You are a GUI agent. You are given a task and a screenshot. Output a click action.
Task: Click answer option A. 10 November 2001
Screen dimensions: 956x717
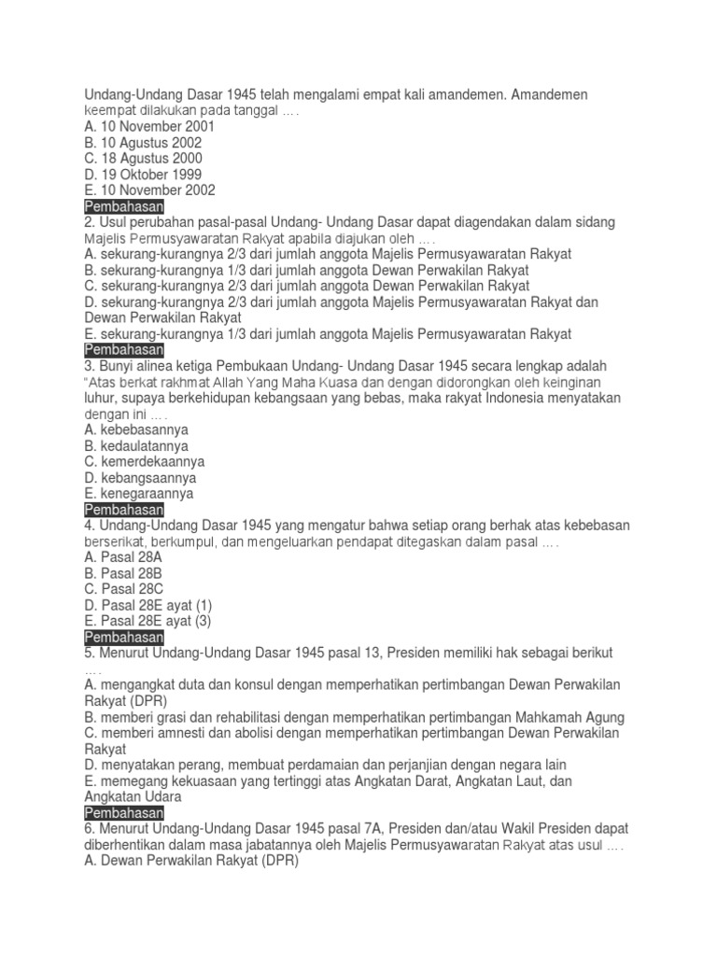coord(149,127)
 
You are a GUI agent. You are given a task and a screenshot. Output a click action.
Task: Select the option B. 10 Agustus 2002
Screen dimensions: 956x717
coord(142,143)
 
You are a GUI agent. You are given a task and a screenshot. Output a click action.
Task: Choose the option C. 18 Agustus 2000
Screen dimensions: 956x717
coord(142,159)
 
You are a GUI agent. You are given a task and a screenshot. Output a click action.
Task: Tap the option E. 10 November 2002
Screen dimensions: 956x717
coord(149,190)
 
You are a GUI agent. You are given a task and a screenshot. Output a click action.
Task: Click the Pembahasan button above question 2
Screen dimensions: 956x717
coord(123,206)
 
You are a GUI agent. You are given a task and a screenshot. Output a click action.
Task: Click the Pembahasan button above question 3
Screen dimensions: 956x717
coord(123,350)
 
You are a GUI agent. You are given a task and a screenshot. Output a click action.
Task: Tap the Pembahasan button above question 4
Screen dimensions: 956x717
coord(123,510)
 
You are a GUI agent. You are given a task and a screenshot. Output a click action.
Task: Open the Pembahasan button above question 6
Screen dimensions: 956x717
coord(123,813)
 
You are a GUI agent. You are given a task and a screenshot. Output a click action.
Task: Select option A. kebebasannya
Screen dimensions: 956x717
coord(135,430)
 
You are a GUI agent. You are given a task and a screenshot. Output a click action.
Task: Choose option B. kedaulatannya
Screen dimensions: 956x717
coord(135,446)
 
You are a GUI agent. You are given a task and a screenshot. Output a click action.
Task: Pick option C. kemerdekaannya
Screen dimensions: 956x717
coord(144,462)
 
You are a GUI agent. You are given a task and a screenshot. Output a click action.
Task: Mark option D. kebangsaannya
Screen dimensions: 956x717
coord(139,478)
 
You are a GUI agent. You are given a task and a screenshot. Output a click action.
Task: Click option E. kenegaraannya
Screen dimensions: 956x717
coord(138,494)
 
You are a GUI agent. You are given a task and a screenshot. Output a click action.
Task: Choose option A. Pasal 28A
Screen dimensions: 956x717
coord(122,557)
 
